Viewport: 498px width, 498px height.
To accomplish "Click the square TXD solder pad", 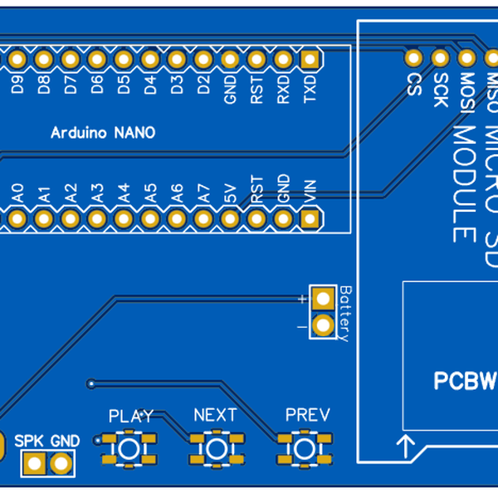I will coord(310,59).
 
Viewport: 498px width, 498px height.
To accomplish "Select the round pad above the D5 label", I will coord(123,59).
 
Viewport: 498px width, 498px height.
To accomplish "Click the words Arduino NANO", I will coord(103,133).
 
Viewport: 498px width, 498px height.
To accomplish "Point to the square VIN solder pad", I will coord(310,219).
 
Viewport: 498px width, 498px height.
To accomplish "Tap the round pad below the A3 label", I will coord(96,219).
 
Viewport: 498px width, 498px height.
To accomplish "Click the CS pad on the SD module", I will coord(413,58).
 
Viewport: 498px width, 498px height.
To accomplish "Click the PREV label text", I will coord(307,414).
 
